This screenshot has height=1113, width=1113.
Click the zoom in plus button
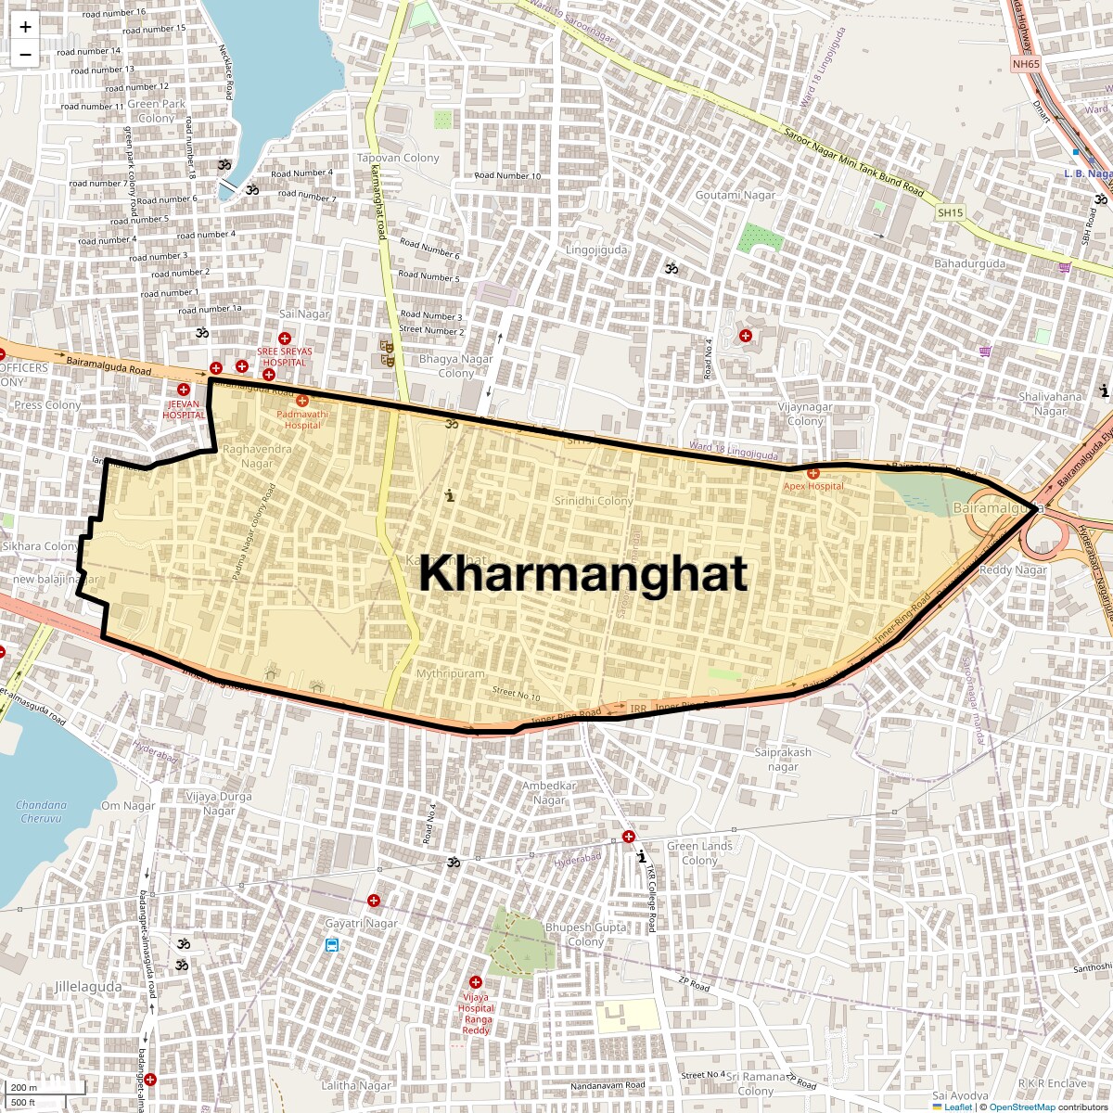[25, 27]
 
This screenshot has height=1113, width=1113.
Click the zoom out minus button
[25, 54]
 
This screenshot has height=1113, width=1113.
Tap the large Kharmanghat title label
[582, 574]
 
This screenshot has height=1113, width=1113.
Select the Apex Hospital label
[813, 486]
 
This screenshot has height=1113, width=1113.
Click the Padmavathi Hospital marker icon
[302, 400]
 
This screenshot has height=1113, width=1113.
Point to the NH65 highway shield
[1027, 64]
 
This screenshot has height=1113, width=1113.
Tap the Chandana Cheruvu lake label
[42, 812]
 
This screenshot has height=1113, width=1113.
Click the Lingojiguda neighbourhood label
[596, 249]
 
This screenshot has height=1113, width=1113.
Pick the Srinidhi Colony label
[594, 501]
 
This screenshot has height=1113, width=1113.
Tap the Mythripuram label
[450, 673]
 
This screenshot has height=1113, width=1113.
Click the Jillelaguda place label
[87, 987]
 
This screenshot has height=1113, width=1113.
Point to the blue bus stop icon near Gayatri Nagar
[332, 945]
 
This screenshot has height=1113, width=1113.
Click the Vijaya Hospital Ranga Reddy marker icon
[476, 982]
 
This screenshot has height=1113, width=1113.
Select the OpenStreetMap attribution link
[1021, 1107]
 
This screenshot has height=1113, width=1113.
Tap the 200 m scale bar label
[25, 1088]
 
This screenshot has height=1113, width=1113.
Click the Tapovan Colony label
[398, 159]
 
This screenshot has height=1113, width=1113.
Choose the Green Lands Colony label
[699, 853]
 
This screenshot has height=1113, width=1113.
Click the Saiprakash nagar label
[783, 760]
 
